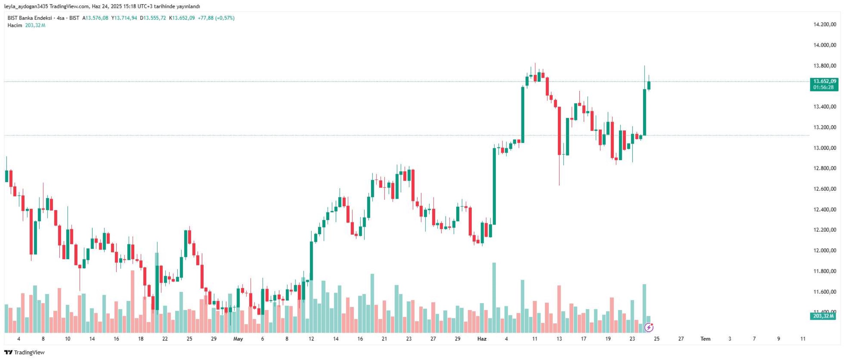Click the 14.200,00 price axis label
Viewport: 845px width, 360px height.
click(824, 24)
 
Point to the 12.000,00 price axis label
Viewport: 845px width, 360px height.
click(824, 251)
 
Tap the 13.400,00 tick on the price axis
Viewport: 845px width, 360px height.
click(824, 107)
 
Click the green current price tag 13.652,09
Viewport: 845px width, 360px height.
click(824, 81)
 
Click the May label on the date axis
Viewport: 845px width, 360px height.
click(238, 339)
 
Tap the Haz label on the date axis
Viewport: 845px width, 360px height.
click(482, 339)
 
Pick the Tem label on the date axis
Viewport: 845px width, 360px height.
click(705, 339)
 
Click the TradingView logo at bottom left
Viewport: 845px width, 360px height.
click(24, 352)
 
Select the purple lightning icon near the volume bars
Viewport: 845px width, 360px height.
click(649, 327)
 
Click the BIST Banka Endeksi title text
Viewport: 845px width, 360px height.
click(30, 18)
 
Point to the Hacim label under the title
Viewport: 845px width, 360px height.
click(15, 26)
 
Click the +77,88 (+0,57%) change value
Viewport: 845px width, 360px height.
click(216, 18)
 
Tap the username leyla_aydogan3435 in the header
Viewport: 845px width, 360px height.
click(26, 6)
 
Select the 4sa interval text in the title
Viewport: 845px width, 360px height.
click(60, 18)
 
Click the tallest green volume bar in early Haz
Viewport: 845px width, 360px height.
click(494, 297)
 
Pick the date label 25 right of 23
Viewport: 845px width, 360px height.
click(656, 339)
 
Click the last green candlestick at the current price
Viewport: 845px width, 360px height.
click(649, 85)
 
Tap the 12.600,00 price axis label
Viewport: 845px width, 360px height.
click(824, 189)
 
